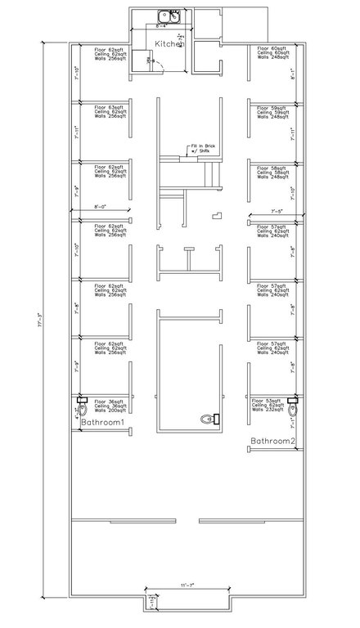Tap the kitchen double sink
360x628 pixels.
tap(169, 14)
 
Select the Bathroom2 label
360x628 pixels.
tap(272, 441)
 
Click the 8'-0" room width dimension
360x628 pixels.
tap(103, 206)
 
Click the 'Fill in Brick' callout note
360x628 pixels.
tap(202, 148)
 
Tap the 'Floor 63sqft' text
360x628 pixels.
tap(109, 107)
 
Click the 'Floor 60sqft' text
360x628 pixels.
tap(272, 48)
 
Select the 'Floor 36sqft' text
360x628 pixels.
tap(109, 401)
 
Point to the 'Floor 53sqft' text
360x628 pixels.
tap(272, 401)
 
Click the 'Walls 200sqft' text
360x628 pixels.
tap(110, 410)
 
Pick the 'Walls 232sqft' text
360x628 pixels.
tap(272, 410)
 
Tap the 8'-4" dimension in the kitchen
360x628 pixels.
tap(163, 26)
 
